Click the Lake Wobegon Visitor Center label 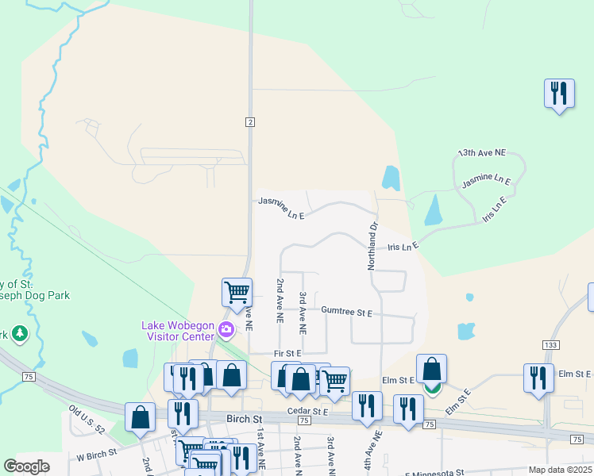[178, 330]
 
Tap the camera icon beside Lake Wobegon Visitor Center [227, 329]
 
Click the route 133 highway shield [550, 344]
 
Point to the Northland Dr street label [371, 244]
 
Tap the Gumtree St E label [346, 313]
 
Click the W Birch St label [96, 455]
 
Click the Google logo [26, 467]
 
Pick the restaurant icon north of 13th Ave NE [559, 94]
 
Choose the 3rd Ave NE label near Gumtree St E [303, 312]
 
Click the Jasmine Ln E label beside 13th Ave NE [486, 182]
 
